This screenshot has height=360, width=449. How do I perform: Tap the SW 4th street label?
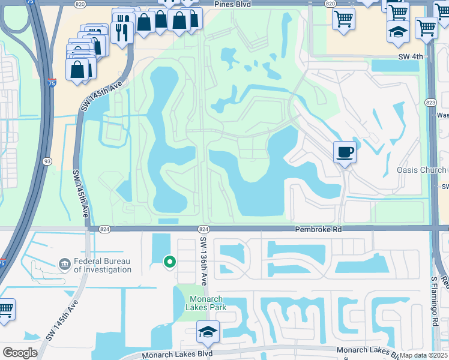pyautogui.click(x=410, y=57)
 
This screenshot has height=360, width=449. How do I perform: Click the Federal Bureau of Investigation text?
pyautogui.click(x=102, y=266)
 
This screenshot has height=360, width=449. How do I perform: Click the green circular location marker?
pyautogui.click(x=170, y=261)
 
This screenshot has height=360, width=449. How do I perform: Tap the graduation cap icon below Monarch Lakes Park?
pyautogui.click(x=208, y=330)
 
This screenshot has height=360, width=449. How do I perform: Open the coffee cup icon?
pyautogui.click(x=345, y=152)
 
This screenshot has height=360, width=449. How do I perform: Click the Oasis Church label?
pyautogui.click(x=421, y=170)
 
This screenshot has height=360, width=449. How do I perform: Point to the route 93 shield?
pyautogui.click(x=47, y=161)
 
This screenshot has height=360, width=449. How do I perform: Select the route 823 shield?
pyautogui.click(x=430, y=103)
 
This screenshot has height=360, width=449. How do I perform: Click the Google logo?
pyautogui.click(x=20, y=352)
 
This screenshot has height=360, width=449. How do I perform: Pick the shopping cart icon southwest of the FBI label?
pyautogui.click(x=5, y=310)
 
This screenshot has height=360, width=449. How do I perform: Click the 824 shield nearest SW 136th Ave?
pyautogui.click(x=203, y=229)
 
